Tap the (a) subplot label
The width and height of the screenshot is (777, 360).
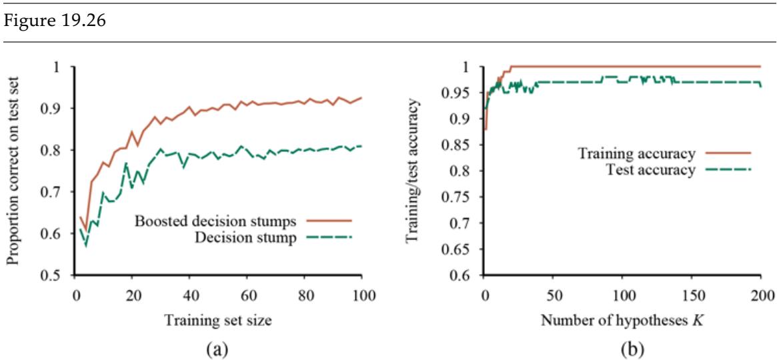[217, 347]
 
